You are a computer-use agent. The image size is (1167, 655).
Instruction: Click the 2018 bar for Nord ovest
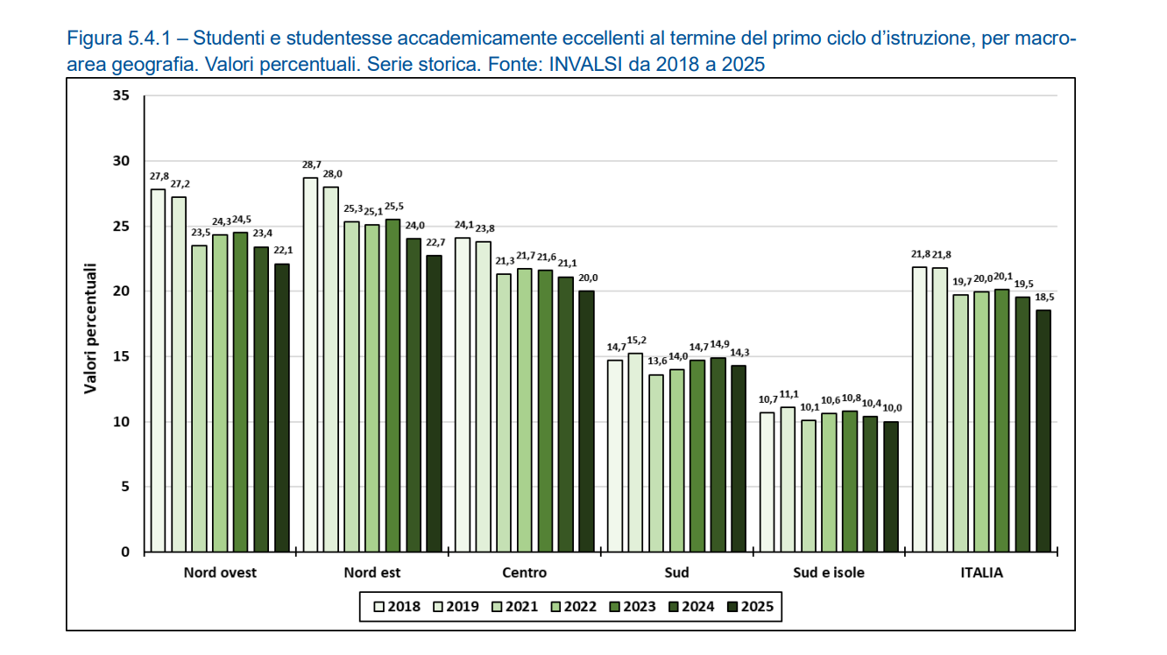pos(158,370)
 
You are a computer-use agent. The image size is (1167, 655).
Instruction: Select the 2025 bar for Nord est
pos(434,403)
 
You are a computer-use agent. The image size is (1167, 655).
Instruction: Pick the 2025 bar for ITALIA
pos(1043,430)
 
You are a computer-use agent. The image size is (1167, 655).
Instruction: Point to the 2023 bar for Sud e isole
pos(849,481)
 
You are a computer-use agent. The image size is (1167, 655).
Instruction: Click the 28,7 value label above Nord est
pos(311,165)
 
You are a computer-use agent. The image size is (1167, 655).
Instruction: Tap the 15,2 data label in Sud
pos(637,340)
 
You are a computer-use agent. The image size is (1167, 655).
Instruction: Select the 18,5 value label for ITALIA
pos(1043,297)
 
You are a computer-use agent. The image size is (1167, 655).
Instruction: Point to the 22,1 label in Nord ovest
pos(282,250)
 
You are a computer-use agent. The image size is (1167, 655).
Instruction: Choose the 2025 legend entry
pos(750,606)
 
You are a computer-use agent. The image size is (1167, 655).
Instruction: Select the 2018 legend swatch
pos(379,606)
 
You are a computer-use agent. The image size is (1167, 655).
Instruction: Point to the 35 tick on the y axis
pos(120,96)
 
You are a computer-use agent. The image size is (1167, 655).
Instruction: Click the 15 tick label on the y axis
pos(120,356)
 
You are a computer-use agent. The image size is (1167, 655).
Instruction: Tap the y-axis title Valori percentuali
pos(90,328)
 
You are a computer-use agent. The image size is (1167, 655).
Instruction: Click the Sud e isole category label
pos(829,573)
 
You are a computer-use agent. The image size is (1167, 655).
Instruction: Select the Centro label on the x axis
pos(524,573)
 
